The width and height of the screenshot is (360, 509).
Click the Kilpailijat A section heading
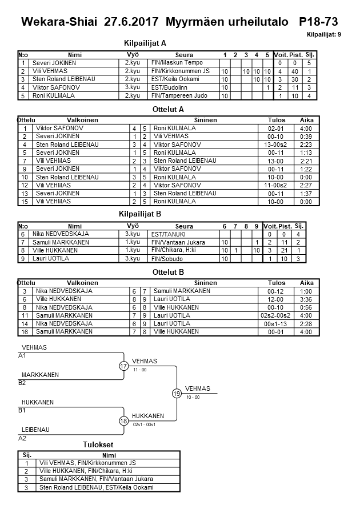[145, 43]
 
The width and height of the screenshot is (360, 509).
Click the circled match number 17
[124, 366]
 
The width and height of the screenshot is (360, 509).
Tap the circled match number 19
[177, 393]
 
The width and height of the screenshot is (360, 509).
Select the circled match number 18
[124, 421]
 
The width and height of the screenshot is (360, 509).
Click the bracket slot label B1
[22, 410]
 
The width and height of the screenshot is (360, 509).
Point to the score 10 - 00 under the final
[193, 397]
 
